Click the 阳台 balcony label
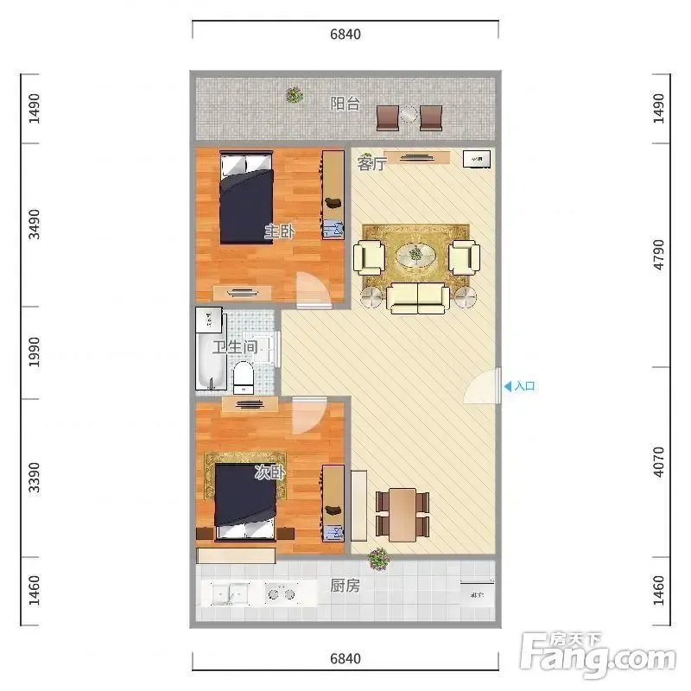coord(345,104)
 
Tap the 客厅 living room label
coord(372,163)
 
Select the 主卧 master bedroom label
coord(279,231)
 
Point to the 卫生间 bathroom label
coord(235,347)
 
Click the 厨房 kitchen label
coord(345,586)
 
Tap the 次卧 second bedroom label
coord(269,472)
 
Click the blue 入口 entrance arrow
coord(508,386)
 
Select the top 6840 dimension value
coord(345,34)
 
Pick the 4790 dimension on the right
coord(658,255)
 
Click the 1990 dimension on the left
coord(34,352)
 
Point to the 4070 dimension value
coord(658,462)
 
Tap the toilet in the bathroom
coord(244,377)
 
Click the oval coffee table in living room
coord(415,254)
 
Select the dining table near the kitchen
coord(403,515)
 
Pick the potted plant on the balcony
coord(295,95)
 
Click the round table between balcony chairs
coord(409,115)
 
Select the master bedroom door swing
coord(314,290)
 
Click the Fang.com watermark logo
coord(598,655)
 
